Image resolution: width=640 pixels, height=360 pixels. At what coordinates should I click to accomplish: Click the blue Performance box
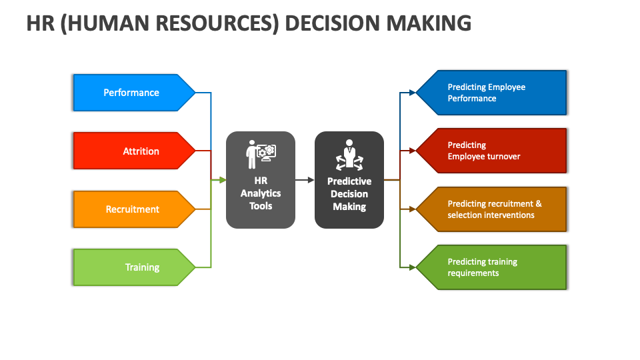131,93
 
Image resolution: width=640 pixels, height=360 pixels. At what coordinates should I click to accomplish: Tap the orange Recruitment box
132,209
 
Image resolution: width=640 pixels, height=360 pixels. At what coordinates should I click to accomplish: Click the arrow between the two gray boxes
305,180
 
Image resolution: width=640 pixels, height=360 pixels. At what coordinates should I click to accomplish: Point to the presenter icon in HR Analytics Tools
261,154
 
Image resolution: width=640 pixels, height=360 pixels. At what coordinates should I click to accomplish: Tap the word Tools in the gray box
261,206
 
